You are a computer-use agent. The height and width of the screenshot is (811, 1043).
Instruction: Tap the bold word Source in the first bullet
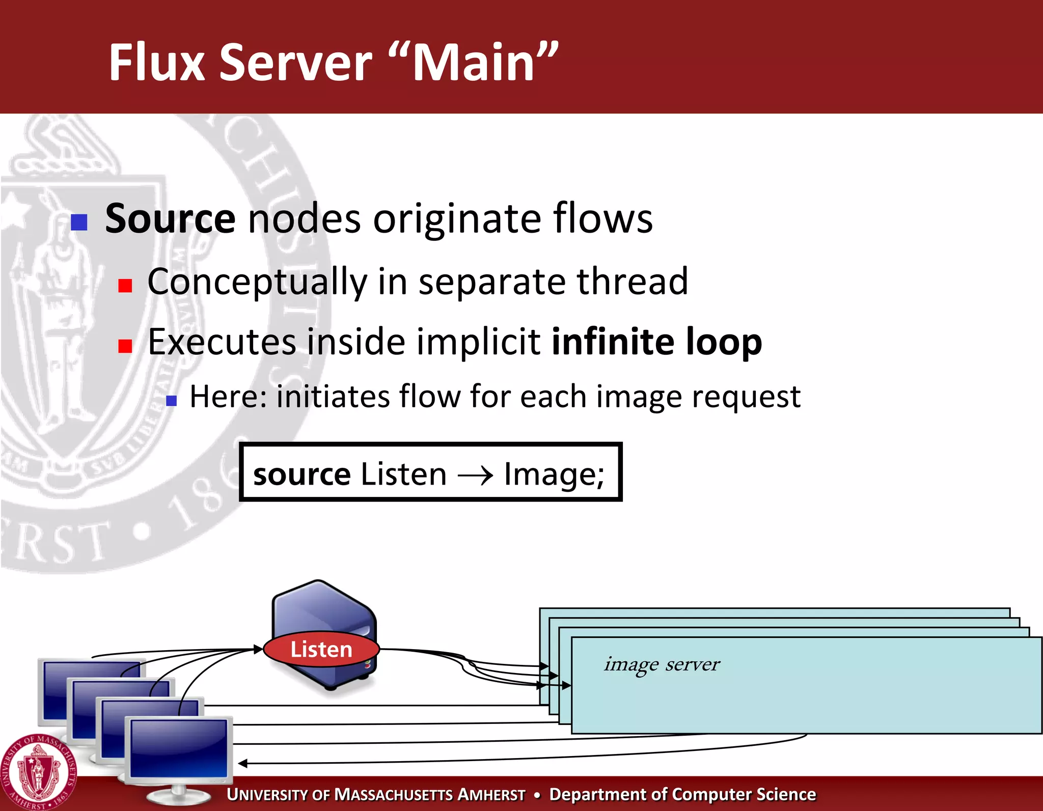point(170,219)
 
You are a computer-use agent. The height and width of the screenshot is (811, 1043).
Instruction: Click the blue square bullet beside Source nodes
point(79,222)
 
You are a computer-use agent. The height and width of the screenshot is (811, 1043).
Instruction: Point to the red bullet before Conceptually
point(125,286)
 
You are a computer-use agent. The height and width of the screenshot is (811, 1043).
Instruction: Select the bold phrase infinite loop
point(657,342)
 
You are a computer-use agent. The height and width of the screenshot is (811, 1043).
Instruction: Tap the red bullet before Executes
point(125,347)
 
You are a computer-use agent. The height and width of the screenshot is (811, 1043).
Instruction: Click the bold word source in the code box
point(302,474)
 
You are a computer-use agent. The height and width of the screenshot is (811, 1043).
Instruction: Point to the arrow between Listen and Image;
point(476,476)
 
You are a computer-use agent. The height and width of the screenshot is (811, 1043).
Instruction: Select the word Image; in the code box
point(554,474)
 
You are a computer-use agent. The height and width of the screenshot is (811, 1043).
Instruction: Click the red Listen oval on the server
point(321,650)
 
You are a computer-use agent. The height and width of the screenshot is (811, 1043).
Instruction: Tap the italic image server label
point(662,664)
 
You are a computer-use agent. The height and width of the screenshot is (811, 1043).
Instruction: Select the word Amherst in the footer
point(491,795)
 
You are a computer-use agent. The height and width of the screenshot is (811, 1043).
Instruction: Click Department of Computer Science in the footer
point(682,795)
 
